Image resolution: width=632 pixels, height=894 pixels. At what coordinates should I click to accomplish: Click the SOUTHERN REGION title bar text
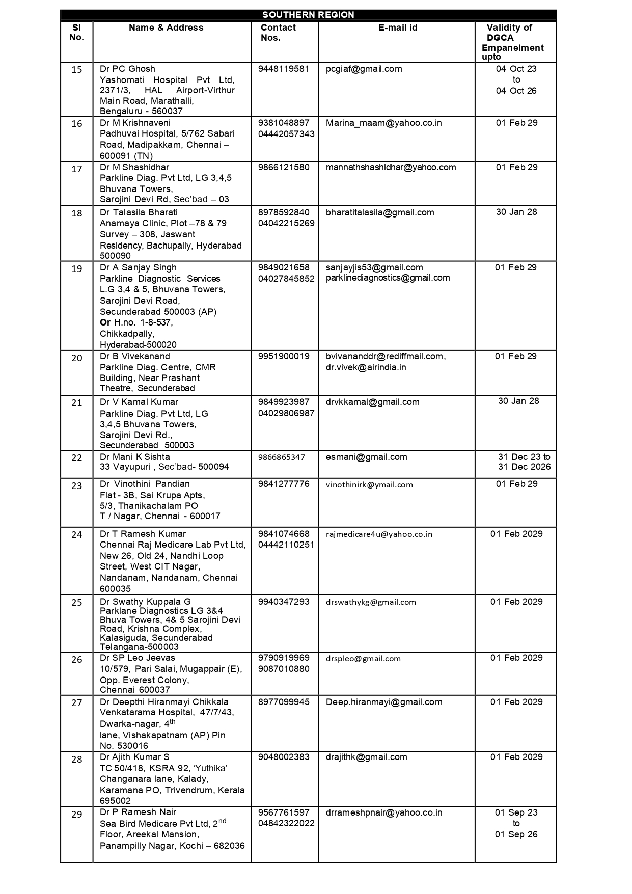pyautogui.click(x=308, y=15)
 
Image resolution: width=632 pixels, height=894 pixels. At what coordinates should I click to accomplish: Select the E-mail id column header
pyautogui.click(x=397, y=28)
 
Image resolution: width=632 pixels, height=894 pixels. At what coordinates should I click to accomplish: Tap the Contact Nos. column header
pyautogui.click(x=278, y=33)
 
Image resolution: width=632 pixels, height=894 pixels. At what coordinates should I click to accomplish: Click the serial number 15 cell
pyautogui.click(x=76, y=70)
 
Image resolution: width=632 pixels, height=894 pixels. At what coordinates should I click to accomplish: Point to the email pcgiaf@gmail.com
pyautogui.click(x=364, y=69)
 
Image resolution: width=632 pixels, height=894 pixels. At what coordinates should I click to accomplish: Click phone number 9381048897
pyautogui.click(x=283, y=123)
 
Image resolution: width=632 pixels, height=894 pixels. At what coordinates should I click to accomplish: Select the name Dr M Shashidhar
pyautogui.click(x=134, y=167)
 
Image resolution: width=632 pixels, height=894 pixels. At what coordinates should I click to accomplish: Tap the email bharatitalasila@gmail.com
pyautogui.click(x=380, y=212)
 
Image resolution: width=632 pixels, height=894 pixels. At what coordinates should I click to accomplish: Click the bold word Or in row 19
pyautogui.click(x=105, y=322)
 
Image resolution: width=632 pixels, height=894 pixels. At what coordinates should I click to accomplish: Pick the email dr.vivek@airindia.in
pyautogui.click(x=366, y=367)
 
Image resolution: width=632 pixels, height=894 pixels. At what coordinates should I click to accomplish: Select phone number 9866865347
pyautogui.click(x=281, y=457)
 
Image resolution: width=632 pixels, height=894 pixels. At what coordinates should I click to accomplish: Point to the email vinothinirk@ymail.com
pyautogui.click(x=369, y=485)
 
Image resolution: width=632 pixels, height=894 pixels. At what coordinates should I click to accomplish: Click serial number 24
pyautogui.click(x=76, y=535)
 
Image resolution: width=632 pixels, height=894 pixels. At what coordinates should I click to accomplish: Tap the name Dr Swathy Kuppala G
pyautogui.click(x=145, y=602)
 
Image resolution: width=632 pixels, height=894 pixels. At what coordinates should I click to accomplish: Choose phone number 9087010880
pyautogui.click(x=283, y=669)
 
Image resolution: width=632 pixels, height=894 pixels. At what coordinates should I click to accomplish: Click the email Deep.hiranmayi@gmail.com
pyautogui.click(x=383, y=702)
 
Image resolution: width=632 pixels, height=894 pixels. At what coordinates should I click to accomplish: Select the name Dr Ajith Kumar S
pyautogui.click(x=134, y=757)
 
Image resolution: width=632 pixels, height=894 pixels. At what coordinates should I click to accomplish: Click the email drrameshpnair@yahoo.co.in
pyautogui.click(x=383, y=812)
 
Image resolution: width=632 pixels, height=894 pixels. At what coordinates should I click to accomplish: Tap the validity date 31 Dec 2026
pyautogui.click(x=524, y=467)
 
